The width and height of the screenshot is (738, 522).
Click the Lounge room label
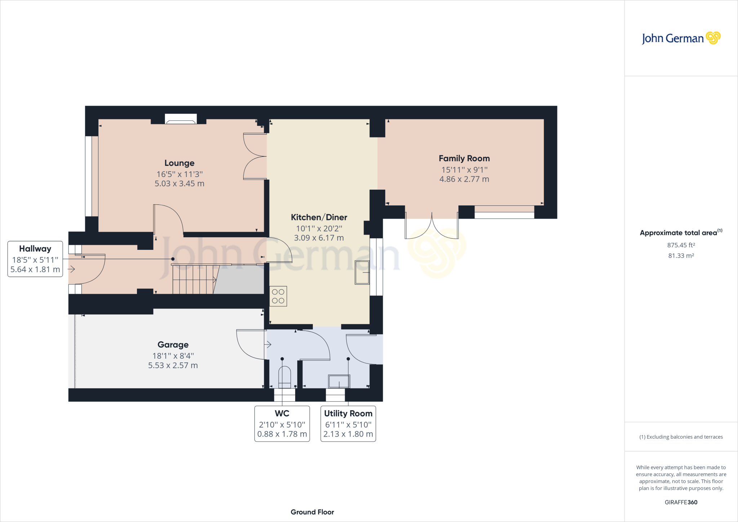179,163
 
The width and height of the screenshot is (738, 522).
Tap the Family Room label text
464,158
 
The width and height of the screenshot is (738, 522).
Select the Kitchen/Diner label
319,217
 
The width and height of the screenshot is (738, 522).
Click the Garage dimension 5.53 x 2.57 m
173,365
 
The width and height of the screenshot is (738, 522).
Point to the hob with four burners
278,296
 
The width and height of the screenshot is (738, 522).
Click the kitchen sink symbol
362,273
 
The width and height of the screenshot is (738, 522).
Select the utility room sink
339,381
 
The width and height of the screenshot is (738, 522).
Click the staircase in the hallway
194,280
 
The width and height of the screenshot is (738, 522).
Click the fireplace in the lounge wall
181,119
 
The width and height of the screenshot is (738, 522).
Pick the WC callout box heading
282,413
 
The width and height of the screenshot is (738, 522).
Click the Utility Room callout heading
348,413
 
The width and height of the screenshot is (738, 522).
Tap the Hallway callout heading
35,249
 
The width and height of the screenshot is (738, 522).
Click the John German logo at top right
681,38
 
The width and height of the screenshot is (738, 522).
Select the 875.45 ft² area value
681,245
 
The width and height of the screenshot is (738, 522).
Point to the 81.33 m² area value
681,256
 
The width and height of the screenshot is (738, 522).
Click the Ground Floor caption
312,512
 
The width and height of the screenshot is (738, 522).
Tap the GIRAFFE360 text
681,502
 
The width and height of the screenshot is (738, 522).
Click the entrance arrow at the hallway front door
71,269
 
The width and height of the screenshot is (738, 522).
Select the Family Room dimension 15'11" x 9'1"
464,169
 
